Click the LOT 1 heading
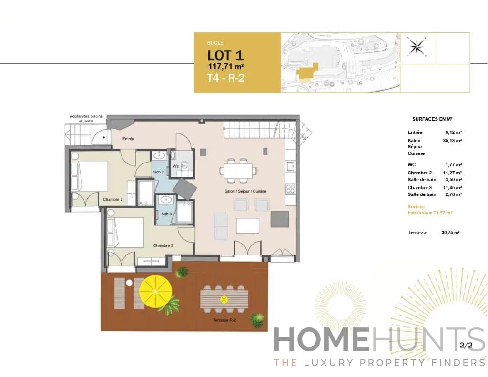pyautogui.click(x=225, y=55)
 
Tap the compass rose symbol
pyautogui.click(x=417, y=46)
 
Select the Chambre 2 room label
pyautogui.click(x=113, y=199)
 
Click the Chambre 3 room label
pyautogui.click(x=163, y=245)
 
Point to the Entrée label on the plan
pyautogui.click(x=128, y=139)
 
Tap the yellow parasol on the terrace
pyautogui.click(x=155, y=291)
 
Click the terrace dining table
pyautogui.click(x=224, y=299)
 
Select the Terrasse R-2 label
pyautogui.click(x=225, y=321)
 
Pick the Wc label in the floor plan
pyautogui.click(x=175, y=166)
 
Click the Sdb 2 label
pyautogui.click(x=159, y=172)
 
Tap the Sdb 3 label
pyautogui.click(x=165, y=214)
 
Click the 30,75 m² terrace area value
pyautogui.click(x=450, y=233)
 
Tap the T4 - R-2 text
pyautogui.click(x=226, y=78)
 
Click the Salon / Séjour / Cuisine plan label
pyautogui.click(x=245, y=191)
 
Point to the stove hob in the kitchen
pyautogui.click(x=289, y=189)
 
